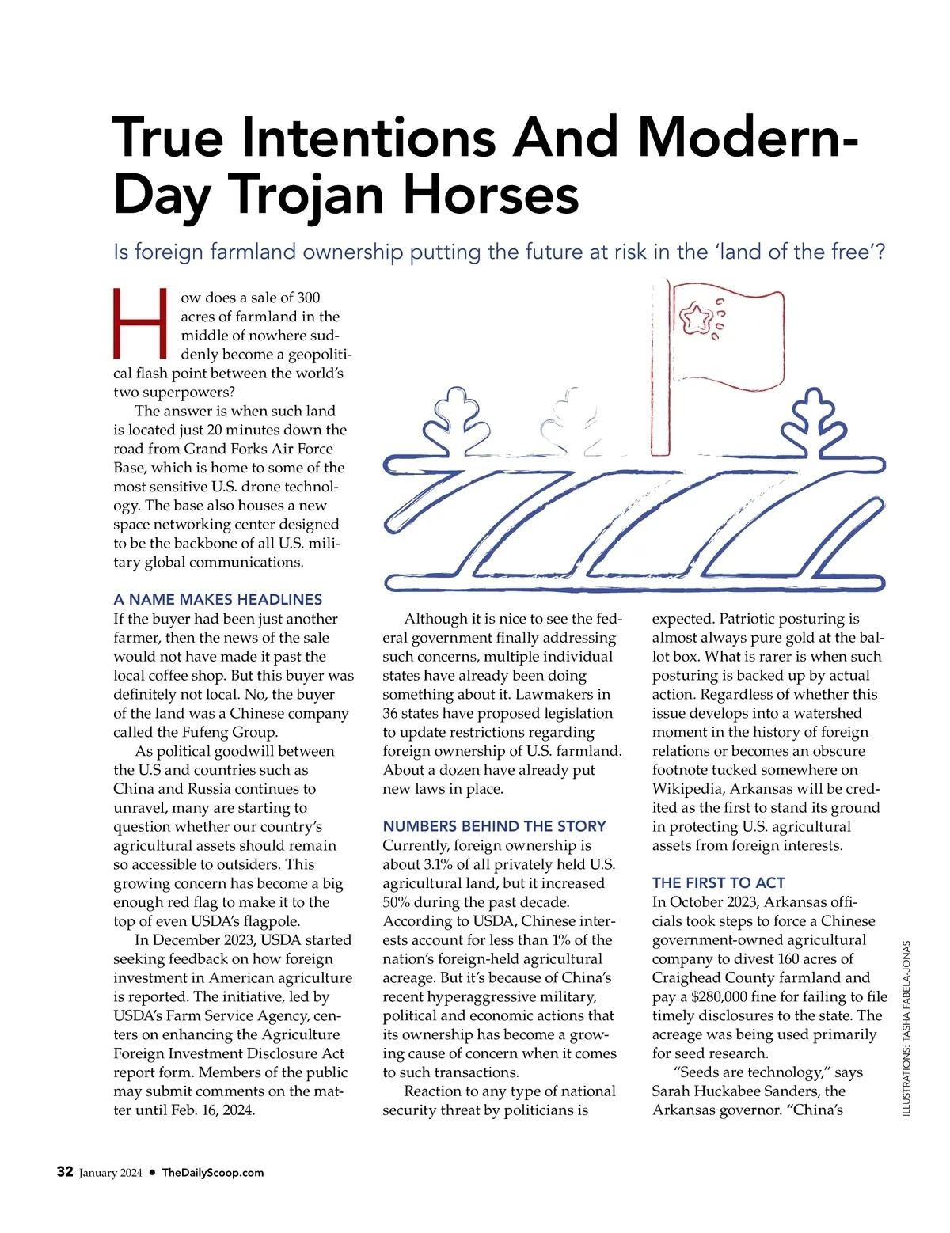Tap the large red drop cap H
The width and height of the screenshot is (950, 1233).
coord(140,324)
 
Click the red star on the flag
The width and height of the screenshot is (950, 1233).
coord(697,319)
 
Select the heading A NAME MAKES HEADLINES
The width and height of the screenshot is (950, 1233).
coord(218,599)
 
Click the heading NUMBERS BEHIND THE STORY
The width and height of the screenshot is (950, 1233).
coord(494,826)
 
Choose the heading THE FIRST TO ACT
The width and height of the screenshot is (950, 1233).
coord(718,882)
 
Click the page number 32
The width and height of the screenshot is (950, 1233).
coord(65,1172)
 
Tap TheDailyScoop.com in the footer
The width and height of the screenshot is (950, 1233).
coord(212,1173)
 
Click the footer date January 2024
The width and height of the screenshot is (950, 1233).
coord(111,1173)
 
